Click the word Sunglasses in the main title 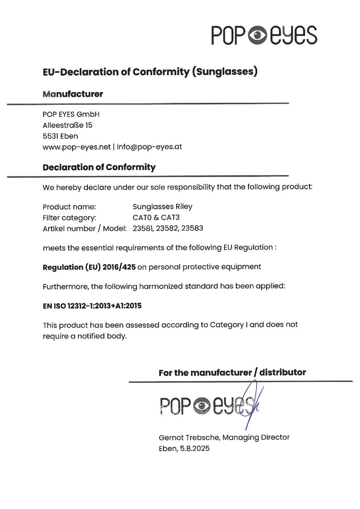[224, 72]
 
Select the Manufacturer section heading [72, 94]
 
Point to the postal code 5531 [50, 136]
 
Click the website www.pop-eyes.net [77, 147]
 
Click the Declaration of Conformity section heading [99, 167]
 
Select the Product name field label [69, 207]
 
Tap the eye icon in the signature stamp [202, 405]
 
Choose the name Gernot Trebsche [185, 437]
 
